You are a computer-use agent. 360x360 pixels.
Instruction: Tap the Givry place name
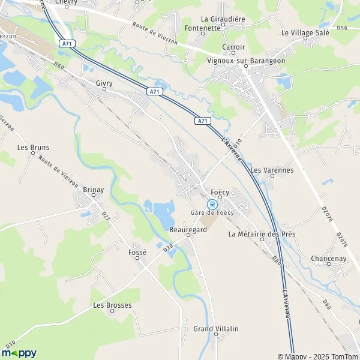[x=104, y=86]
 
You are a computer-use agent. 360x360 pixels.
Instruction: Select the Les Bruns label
[x=33, y=147]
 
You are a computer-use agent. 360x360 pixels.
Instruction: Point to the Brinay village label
[x=93, y=190]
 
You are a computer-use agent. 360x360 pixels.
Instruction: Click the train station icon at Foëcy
[x=211, y=203]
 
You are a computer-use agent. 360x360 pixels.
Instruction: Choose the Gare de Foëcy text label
[x=211, y=213]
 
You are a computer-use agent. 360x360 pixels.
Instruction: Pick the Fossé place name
[x=137, y=253]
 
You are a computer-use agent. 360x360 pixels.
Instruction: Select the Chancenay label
[x=329, y=259]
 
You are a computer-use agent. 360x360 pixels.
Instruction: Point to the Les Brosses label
[x=112, y=305]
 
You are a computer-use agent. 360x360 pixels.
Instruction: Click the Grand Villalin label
[x=216, y=329]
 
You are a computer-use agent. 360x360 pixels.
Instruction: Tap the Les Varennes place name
[x=272, y=170]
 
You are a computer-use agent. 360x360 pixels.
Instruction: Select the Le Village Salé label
[x=305, y=32]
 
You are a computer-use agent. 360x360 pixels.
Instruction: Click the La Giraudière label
[x=223, y=19]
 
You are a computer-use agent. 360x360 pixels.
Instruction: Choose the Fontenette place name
[x=203, y=28]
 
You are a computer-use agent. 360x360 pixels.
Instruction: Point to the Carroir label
[x=233, y=47]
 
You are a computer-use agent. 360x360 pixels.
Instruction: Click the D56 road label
[x=342, y=28]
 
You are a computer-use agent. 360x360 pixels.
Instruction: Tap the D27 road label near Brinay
[x=106, y=214]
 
